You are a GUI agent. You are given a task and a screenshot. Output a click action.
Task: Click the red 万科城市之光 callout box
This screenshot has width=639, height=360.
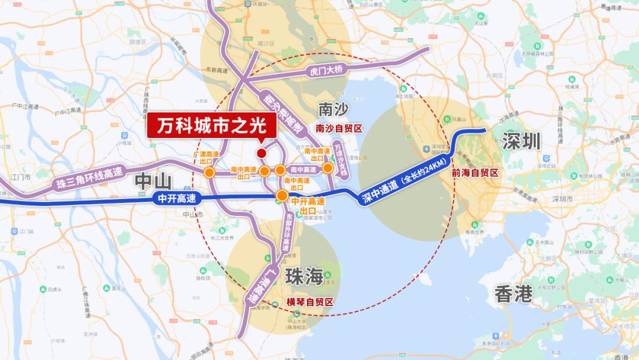pos(212,127)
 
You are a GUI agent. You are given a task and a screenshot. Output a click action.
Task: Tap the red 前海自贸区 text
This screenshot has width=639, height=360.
pos(475,173)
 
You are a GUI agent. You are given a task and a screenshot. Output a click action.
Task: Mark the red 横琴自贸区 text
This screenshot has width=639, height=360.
pos(310,301)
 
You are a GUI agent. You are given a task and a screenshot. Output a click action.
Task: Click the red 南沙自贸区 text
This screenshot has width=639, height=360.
pos(338,128)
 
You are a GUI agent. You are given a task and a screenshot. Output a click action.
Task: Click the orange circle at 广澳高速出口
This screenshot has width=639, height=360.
pos(209,172)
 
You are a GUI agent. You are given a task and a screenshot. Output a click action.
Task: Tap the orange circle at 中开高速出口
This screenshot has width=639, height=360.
pos(283,196)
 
